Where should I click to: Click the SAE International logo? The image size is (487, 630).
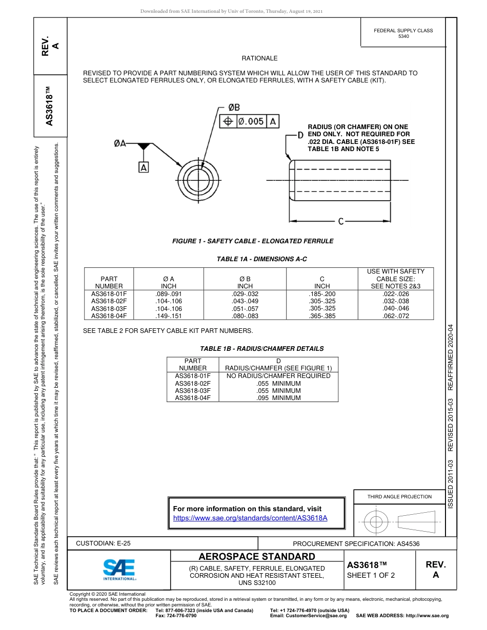pyautogui.click(x=119, y=569)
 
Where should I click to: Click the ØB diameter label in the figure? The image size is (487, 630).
pyautogui.click(x=234, y=108)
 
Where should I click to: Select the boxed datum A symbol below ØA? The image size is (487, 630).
pyautogui.click(x=144, y=167)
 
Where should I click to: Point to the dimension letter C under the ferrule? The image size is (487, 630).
pyautogui.click(x=341, y=221)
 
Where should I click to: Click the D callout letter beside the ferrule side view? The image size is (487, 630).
pyautogui.click(x=301, y=135)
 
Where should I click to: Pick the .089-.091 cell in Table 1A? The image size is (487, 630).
pyautogui.click(x=168, y=294)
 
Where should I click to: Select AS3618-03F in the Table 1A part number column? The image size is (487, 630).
pyautogui.click(x=109, y=309)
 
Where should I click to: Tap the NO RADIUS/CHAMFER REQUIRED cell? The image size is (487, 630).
pyautogui.click(x=278, y=376)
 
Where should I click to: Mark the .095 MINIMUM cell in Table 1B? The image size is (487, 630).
pyautogui.click(x=278, y=398)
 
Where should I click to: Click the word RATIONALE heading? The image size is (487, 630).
pyautogui.click(x=259, y=58)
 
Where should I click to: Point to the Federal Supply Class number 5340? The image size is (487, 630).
pyautogui.click(x=403, y=37)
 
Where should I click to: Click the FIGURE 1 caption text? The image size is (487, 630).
pyautogui.click(x=253, y=241)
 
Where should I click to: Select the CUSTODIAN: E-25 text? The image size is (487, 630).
pyautogui.click(x=103, y=543)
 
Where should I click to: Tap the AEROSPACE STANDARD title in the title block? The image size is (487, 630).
pyautogui.click(x=257, y=557)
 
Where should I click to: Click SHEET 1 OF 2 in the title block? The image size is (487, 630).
pyautogui.click(x=371, y=575)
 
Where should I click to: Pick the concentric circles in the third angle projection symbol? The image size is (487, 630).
pyautogui.click(x=376, y=522)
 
